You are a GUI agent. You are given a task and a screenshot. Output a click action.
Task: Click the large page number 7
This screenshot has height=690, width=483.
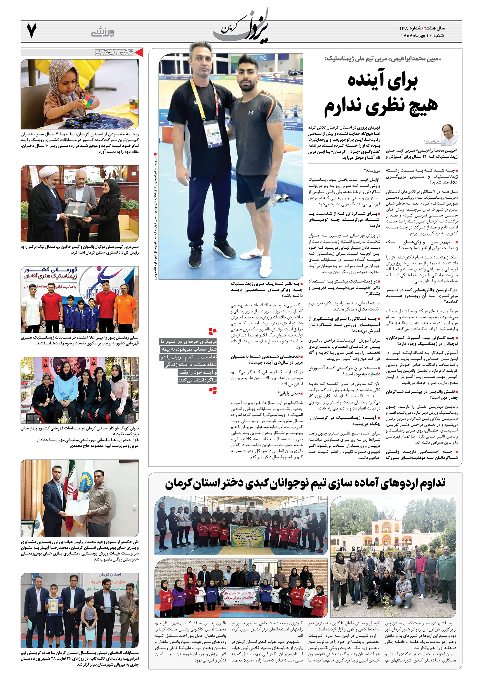tap(31, 31)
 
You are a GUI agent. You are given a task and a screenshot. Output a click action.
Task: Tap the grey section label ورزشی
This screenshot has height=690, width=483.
tap(103, 32)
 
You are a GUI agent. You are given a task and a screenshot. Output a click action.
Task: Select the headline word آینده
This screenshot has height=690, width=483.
tap(383, 80)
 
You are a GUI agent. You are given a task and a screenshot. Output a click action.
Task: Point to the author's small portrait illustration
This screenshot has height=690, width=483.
tap(449, 134)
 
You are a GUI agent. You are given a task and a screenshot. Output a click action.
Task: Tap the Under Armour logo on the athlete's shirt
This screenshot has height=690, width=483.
tap(251, 112)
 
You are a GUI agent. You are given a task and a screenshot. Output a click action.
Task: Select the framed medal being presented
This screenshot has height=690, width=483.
tap(75, 209)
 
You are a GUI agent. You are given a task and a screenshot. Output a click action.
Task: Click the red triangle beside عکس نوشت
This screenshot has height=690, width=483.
tap(139, 52)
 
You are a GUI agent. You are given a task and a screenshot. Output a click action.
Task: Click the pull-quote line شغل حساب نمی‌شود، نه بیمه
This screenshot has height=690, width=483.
tap(189, 349)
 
